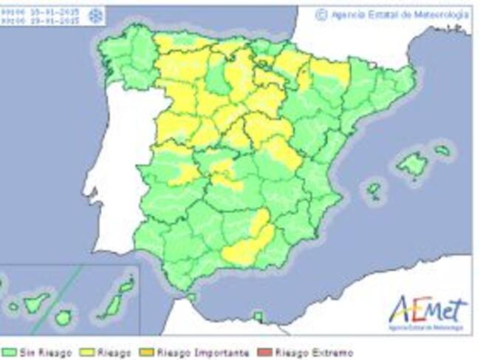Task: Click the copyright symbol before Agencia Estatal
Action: pyautogui.click(x=320, y=15)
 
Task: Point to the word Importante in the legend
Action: pyautogui.click(x=218, y=353)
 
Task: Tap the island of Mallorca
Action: pyautogui.click(x=412, y=163)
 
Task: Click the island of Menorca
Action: pyautogui.click(x=442, y=150)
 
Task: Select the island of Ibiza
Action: pyautogui.click(x=374, y=190)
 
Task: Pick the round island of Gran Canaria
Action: pyautogui.click(x=64, y=317)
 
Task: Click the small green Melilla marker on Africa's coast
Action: pyautogui.click(x=258, y=316)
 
